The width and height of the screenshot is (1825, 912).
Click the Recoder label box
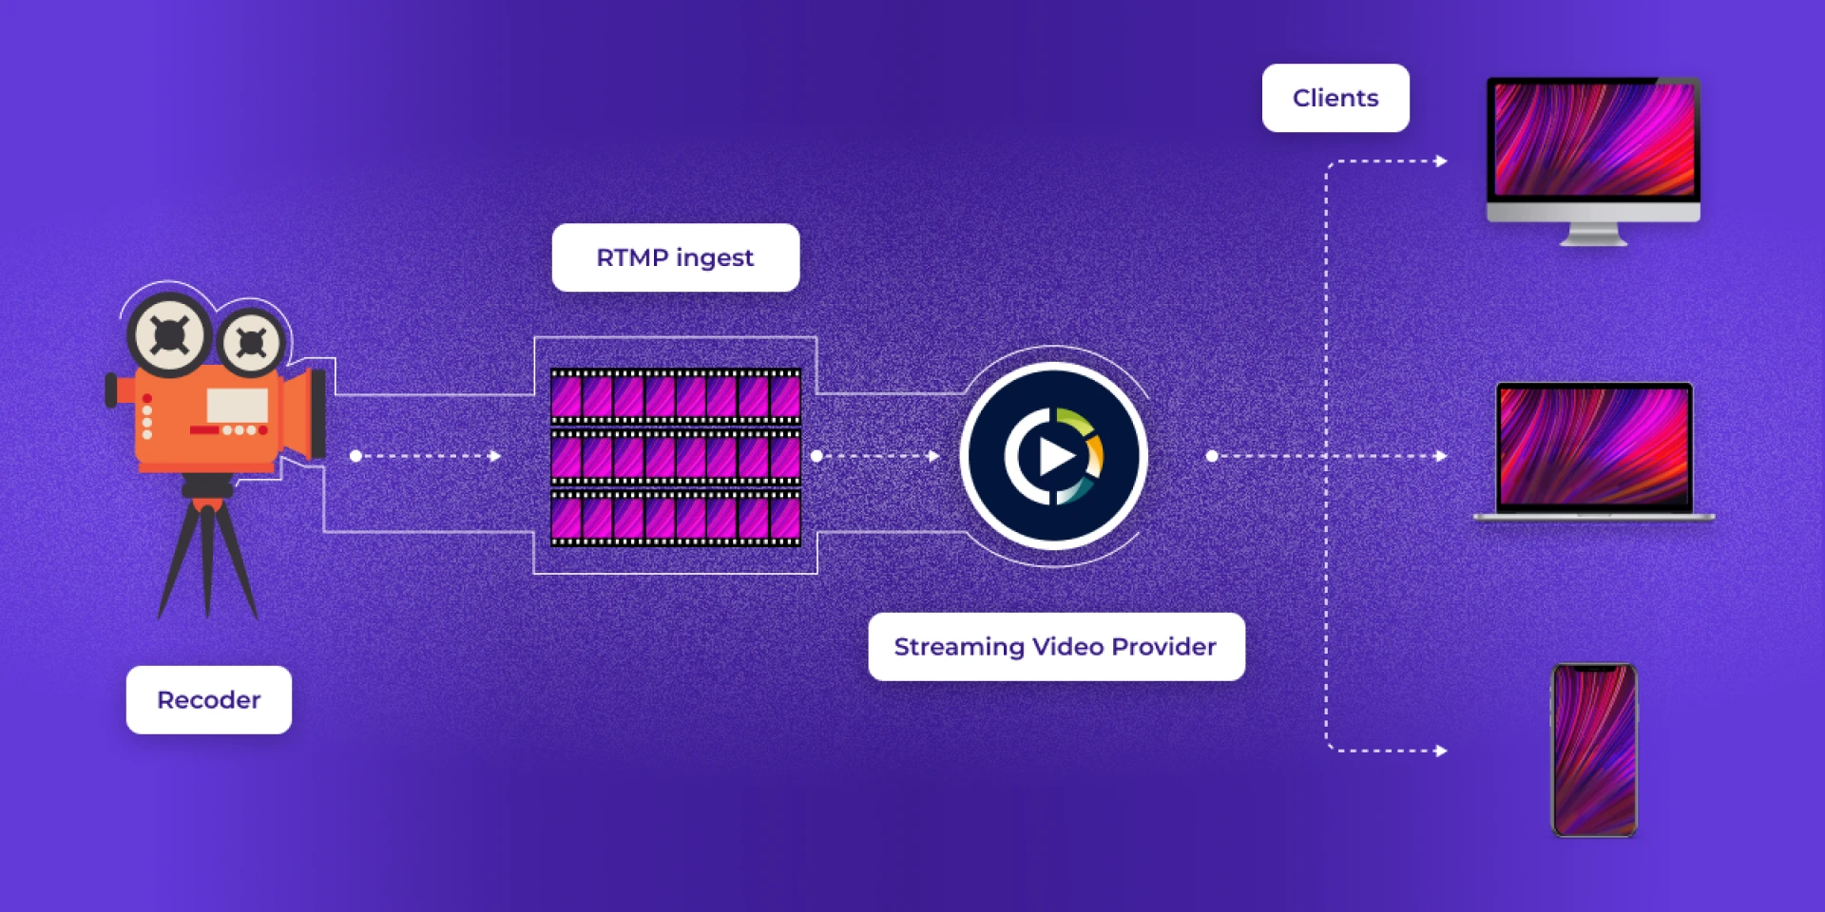(209, 700)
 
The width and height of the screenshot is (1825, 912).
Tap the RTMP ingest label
(675, 257)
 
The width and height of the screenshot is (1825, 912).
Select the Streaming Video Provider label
(1056, 647)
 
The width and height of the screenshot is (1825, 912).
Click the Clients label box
(1335, 98)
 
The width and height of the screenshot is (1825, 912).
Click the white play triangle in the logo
(1055, 456)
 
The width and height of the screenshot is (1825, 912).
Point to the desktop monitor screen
(1594, 139)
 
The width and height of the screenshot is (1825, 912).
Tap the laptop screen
(1594, 446)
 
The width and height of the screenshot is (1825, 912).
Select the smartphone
(1594, 750)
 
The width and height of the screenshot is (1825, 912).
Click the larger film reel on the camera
(169, 333)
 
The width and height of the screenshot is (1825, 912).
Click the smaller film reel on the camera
(251, 342)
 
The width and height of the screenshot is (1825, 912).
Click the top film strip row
(676, 396)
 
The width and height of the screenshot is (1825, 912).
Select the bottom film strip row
(676, 518)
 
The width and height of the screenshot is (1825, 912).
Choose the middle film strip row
(676, 457)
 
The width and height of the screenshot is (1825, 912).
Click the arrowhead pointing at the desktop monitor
(1441, 161)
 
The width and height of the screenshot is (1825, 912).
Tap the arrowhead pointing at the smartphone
(1441, 750)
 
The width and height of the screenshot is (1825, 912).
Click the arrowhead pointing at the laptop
(1441, 456)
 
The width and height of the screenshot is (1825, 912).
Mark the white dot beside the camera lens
(355, 456)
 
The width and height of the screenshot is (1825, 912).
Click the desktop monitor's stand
(1594, 234)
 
